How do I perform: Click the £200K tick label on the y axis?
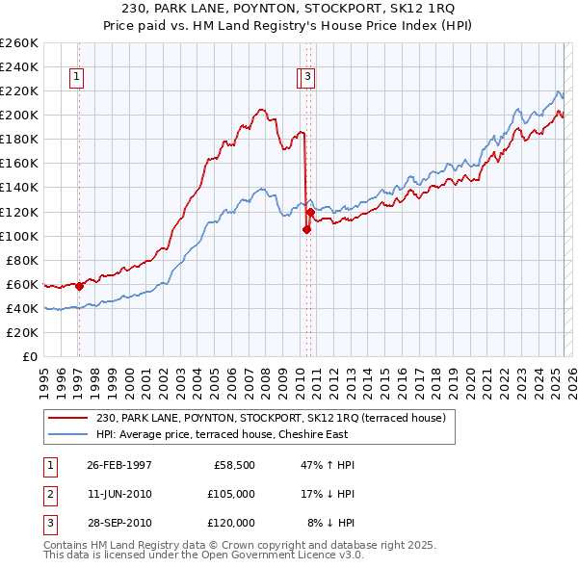pyautogui.click(x=18, y=115)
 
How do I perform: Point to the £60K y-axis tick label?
pyautogui.click(x=21, y=284)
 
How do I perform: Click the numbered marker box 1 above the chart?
pyautogui.click(x=76, y=78)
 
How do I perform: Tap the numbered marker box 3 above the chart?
pyautogui.click(x=306, y=78)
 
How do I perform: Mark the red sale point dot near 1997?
pyautogui.click(x=80, y=285)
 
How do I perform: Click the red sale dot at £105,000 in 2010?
pyautogui.click(x=305, y=229)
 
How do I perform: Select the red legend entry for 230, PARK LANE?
pyautogui.click(x=271, y=419)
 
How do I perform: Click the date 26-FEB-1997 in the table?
pyautogui.click(x=119, y=465)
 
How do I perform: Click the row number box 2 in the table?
pyautogui.click(x=49, y=494)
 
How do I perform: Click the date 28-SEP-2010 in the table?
pyautogui.click(x=119, y=523)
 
